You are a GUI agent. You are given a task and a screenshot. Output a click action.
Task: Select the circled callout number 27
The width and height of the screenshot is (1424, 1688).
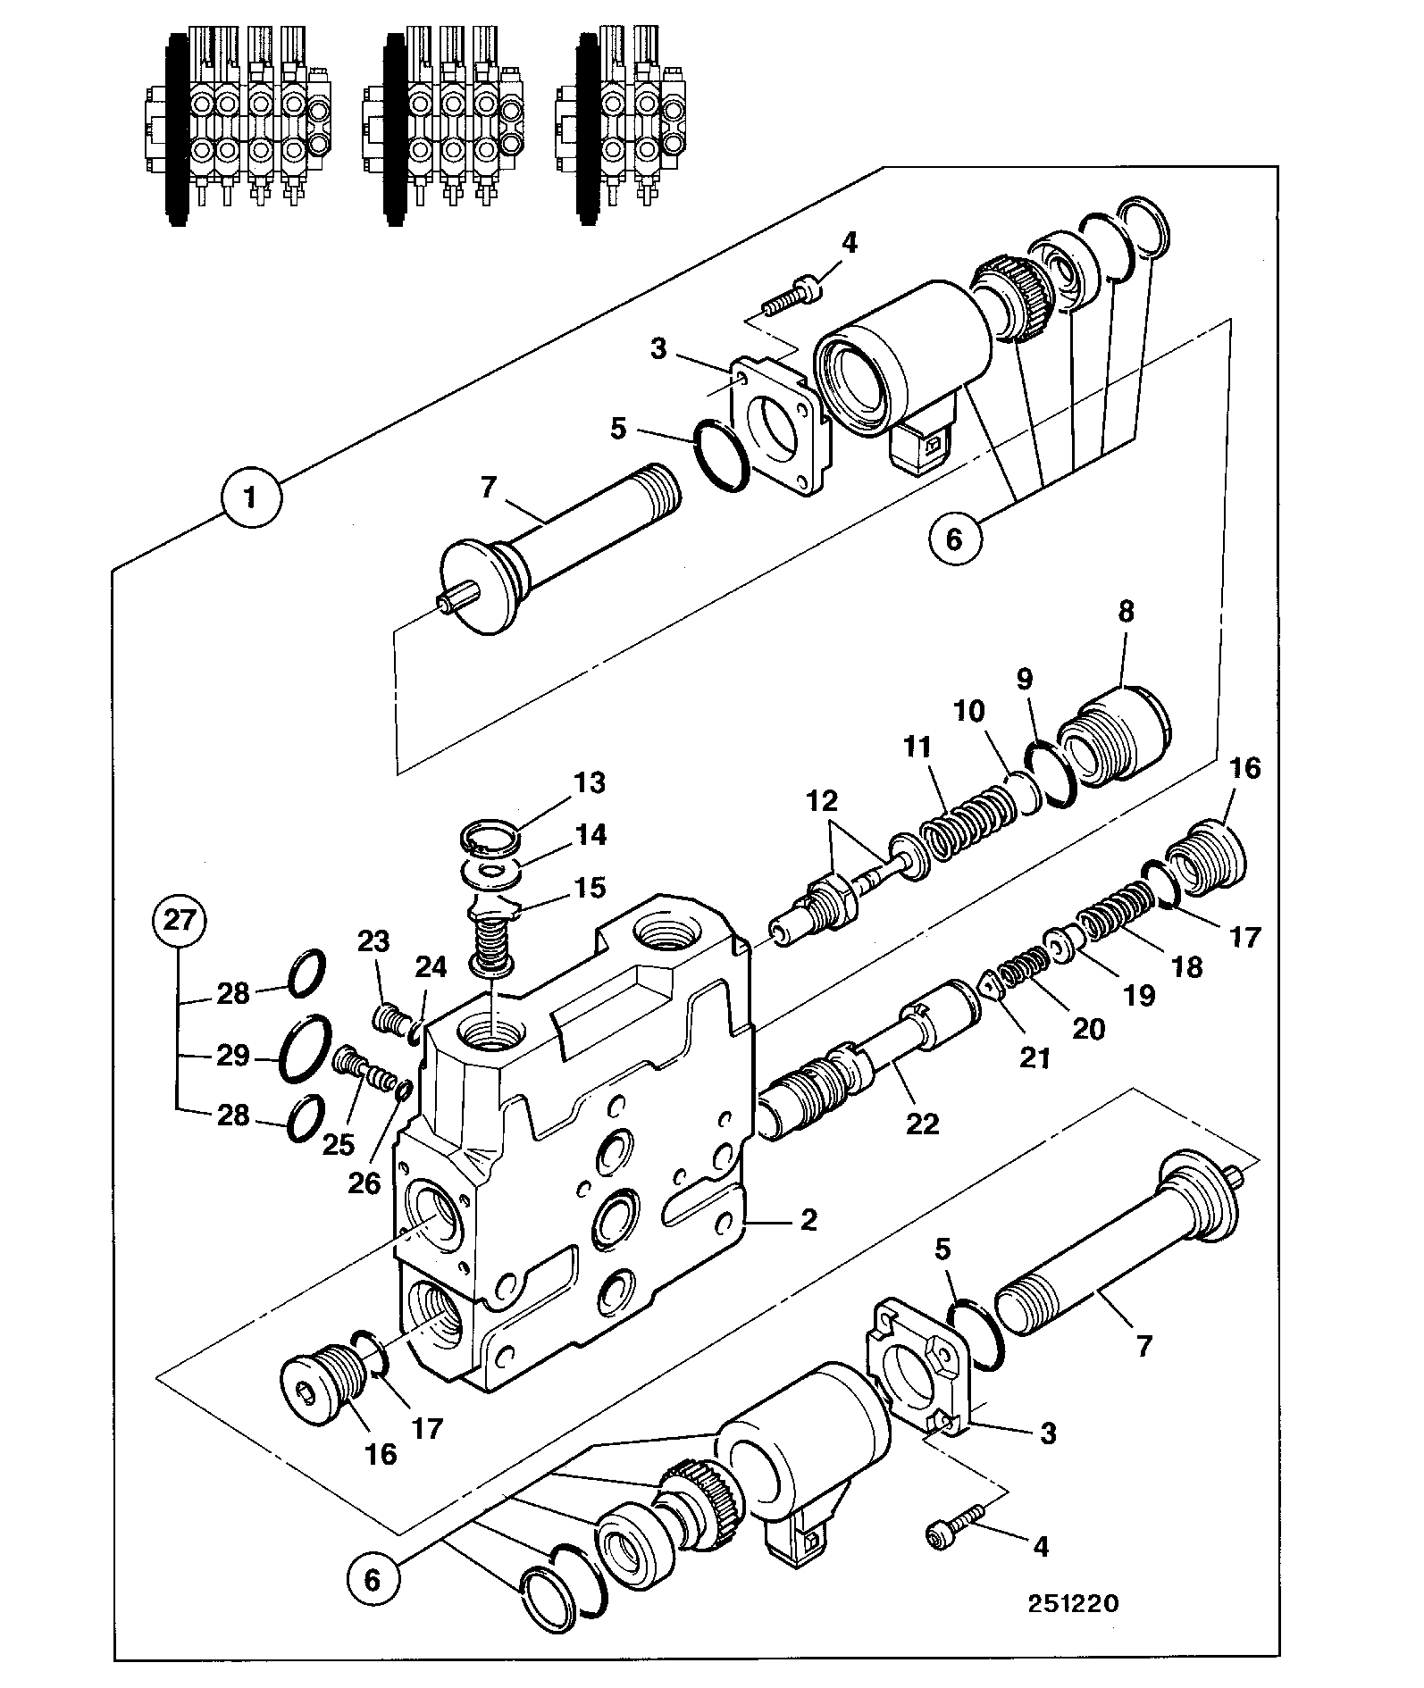coord(180,921)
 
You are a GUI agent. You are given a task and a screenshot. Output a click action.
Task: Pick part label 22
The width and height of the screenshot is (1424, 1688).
coord(923,1123)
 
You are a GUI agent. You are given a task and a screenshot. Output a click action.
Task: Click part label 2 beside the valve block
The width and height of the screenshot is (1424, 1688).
coord(808,1219)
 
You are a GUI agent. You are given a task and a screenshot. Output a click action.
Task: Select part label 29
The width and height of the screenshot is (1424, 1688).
coord(233,1055)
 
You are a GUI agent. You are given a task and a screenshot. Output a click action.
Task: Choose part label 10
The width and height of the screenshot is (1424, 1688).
coord(968,711)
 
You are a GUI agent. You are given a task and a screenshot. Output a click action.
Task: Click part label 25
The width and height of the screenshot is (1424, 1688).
coord(339,1144)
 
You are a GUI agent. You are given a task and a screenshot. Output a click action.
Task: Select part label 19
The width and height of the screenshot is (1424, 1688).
coord(1140,994)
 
